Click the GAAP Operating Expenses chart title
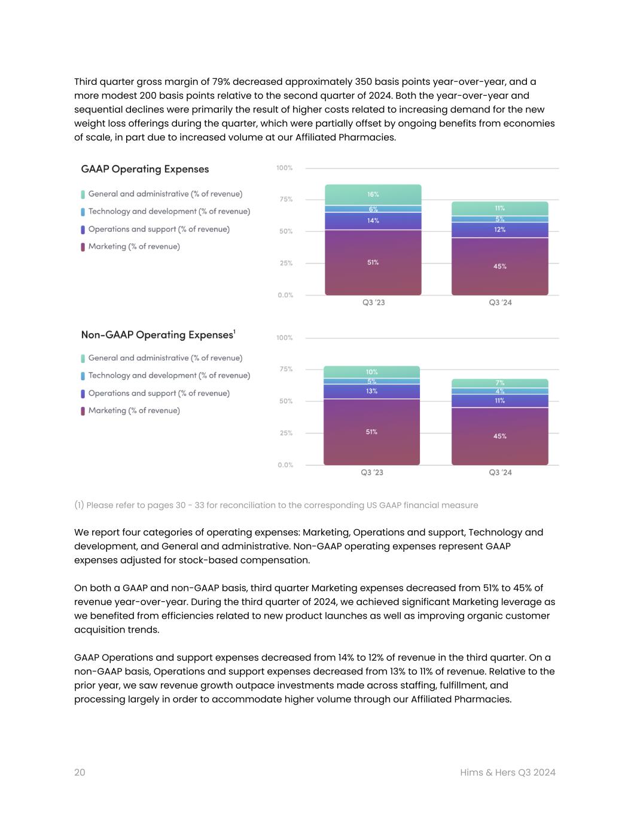click(x=145, y=169)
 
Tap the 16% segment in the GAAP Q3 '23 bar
click(x=373, y=195)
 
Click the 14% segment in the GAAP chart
click(x=373, y=221)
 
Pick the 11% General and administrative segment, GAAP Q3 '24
click(x=499, y=209)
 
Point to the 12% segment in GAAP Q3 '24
click(x=499, y=230)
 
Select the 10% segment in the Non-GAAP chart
click(x=371, y=372)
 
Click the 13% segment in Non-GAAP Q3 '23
click(x=371, y=391)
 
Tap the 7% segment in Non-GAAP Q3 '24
click(x=499, y=383)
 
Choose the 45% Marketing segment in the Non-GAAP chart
click(x=499, y=436)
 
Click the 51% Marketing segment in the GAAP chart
click(x=373, y=262)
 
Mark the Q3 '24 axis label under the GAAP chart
click(x=500, y=302)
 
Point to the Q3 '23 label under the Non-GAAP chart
click(x=371, y=472)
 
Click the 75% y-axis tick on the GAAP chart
click(x=286, y=200)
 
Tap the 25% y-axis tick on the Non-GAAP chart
click(x=286, y=433)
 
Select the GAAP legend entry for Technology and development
click(x=169, y=212)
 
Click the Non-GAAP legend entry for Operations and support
click(x=158, y=393)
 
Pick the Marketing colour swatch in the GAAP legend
click(x=83, y=247)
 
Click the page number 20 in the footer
click(x=80, y=772)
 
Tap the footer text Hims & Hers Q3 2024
click(x=508, y=772)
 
